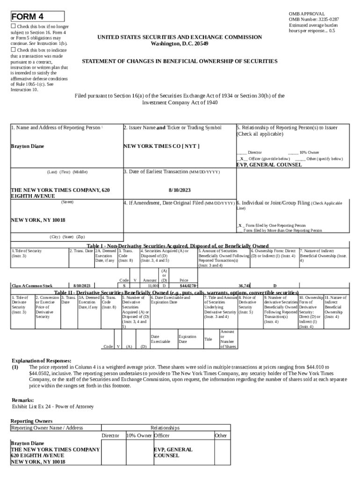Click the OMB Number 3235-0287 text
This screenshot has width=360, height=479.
(x=314, y=20)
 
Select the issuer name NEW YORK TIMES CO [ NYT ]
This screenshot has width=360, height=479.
(x=161, y=146)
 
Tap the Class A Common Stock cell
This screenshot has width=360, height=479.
(x=32, y=285)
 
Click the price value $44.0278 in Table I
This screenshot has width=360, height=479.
(x=189, y=285)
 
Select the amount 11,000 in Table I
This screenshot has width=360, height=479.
(x=153, y=285)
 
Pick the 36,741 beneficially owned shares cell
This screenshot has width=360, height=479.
(x=244, y=285)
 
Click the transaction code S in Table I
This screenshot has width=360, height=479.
(x=124, y=285)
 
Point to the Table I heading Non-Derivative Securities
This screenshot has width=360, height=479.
(x=178, y=246)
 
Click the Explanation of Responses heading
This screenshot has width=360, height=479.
(x=41, y=361)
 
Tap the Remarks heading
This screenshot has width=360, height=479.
(x=22, y=400)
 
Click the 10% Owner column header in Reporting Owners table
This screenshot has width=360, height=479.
(x=139, y=435)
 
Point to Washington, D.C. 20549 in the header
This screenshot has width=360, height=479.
(x=180, y=44)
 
